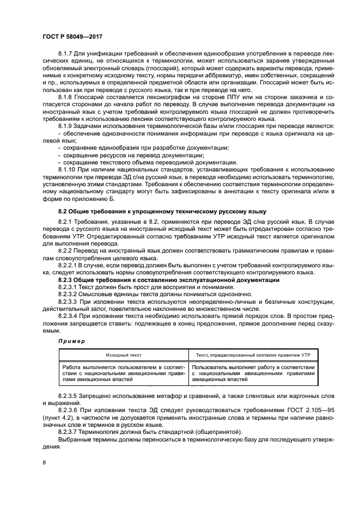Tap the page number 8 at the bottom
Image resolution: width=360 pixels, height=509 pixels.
point(44,462)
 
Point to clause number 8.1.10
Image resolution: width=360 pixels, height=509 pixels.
point(68,169)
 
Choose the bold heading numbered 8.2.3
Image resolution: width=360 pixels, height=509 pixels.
point(169,280)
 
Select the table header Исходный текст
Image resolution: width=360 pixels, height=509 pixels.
point(124,354)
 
